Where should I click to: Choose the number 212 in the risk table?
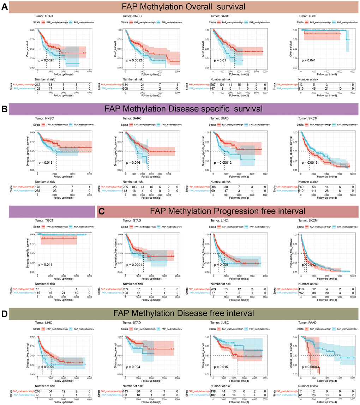[38, 85]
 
